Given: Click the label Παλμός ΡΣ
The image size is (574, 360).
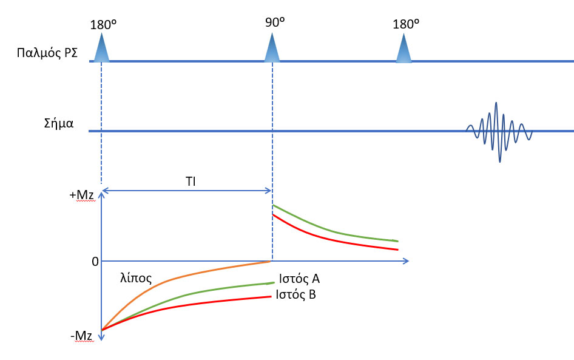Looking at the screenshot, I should tap(46, 52).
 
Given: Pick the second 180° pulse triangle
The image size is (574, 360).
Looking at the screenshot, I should tap(403, 48).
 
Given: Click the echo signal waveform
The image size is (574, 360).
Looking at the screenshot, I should tap(498, 131).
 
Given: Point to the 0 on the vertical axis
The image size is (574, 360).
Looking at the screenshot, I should tap(95, 262).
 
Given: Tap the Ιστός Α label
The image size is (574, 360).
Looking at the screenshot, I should tap(299, 279).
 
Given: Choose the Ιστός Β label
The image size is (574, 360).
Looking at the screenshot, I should tap(295, 295).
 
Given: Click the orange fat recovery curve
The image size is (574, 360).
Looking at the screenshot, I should tap(170, 279).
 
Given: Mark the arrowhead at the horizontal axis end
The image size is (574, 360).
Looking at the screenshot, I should tap(405, 261).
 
